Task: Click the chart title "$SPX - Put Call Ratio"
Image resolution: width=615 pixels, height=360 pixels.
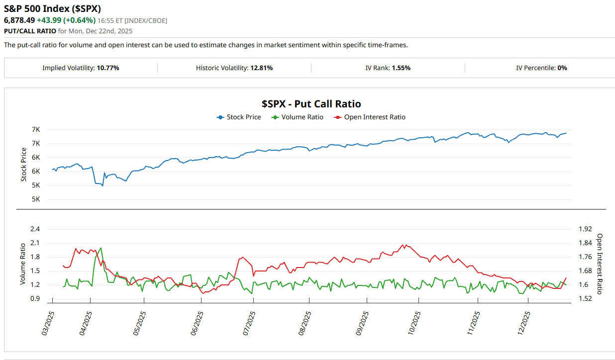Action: click(x=311, y=104)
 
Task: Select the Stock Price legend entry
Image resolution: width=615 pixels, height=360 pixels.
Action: click(x=243, y=117)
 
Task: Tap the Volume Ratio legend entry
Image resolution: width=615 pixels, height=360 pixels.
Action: click(x=302, y=117)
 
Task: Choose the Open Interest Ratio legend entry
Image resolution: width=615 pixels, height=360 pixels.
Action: click(x=374, y=117)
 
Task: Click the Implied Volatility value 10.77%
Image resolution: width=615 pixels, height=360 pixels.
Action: click(x=108, y=68)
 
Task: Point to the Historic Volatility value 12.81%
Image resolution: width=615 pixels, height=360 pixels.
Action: click(x=261, y=68)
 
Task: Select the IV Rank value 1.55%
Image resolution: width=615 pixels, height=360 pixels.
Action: click(x=401, y=68)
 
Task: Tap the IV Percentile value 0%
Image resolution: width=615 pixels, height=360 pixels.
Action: click(x=562, y=68)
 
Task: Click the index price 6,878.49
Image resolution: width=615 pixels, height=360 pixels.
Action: click(x=19, y=20)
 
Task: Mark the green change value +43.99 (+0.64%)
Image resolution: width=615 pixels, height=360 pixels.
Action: click(x=66, y=20)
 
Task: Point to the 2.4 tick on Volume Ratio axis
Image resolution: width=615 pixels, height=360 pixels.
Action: click(x=35, y=229)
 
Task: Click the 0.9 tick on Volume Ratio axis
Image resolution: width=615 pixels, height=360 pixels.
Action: click(x=35, y=299)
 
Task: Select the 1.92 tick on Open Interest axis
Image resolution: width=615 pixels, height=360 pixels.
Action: click(x=586, y=229)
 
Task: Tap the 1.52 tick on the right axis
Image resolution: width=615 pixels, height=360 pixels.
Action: click(x=586, y=299)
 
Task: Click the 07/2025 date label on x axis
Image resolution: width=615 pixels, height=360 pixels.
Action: click(x=249, y=323)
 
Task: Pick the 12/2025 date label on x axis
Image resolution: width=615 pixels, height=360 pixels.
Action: click(x=523, y=323)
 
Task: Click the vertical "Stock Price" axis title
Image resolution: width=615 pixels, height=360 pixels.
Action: click(x=23, y=165)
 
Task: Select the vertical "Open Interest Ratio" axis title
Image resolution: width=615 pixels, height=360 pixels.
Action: click(x=600, y=264)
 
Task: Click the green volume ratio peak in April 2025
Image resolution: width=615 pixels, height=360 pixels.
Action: click(x=101, y=248)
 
